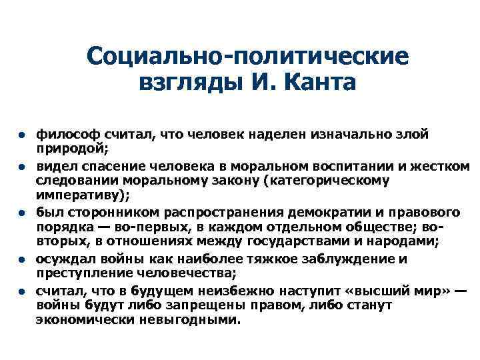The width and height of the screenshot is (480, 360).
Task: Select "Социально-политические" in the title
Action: pos(247,55)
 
